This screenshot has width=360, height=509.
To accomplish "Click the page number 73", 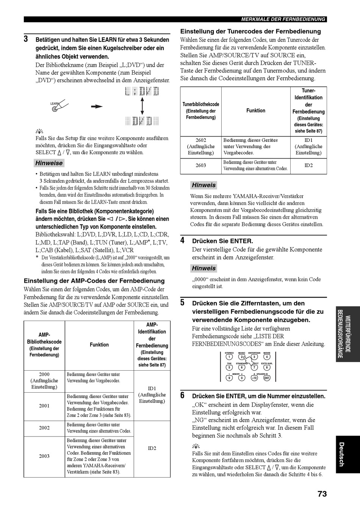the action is coord(322,493).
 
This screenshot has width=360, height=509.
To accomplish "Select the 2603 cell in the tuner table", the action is coord(201,165).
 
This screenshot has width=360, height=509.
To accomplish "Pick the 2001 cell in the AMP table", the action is coord(44,406).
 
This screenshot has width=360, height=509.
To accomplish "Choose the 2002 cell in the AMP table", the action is coord(44,428).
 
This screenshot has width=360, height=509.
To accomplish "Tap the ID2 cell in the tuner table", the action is coord(308,165).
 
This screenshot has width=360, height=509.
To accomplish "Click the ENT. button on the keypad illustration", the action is coord(267,378).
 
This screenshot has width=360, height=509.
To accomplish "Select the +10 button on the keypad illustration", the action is coord(254,378).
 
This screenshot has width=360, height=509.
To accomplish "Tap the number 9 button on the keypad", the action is coord(229,378).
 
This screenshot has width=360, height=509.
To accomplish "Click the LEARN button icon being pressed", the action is coord(55,109).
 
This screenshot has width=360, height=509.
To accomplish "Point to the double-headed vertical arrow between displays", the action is coord(142,106).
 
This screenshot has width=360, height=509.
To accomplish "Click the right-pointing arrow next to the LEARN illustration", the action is coord(97,106).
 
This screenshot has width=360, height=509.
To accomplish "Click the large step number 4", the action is coord(182,240).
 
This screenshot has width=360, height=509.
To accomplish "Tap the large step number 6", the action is coord(182,396).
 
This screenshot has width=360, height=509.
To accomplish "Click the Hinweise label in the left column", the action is coord(49,163).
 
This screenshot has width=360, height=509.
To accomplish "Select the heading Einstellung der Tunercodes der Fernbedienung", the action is coord(250,31).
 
